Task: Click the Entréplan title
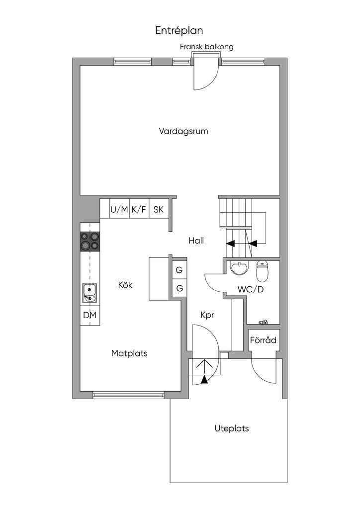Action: point(179,30)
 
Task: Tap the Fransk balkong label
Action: point(206,47)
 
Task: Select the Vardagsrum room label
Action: point(183,131)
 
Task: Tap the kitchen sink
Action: point(90,293)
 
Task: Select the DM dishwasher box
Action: point(90,315)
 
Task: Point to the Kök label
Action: point(125,285)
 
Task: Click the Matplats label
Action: point(129,353)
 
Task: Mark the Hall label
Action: point(196,241)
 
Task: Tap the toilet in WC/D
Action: point(262,271)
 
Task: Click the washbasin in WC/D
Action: point(239,268)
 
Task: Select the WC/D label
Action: point(251,290)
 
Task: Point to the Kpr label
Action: point(207,315)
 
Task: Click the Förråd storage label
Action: point(263,340)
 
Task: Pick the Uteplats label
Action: point(231,428)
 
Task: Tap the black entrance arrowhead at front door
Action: point(204,379)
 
